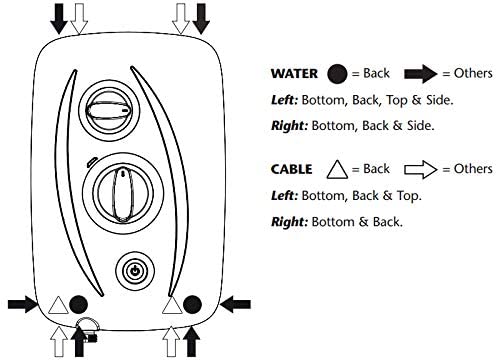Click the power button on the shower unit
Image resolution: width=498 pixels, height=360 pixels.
(x=135, y=271)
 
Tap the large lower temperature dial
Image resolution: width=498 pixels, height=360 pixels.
(x=123, y=194)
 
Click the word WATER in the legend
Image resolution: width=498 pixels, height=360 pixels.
(x=294, y=74)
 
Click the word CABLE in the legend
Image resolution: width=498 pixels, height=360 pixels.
(x=292, y=169)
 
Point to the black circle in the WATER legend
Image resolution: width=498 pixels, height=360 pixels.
(x=337, y=74)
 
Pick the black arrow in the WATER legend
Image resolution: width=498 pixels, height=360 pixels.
(x=421, y=74)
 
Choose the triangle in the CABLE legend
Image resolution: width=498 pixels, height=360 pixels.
(x=337, y=171)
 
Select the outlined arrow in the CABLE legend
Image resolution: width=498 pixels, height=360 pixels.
(x=421, y=169)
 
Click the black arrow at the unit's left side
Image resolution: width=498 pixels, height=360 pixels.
(x=23, y=304)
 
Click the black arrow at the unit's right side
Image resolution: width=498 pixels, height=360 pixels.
(x=235, y=304)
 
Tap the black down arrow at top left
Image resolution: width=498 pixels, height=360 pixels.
(x=59, y=18)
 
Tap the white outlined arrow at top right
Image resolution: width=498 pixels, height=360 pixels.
(x=181, y=19)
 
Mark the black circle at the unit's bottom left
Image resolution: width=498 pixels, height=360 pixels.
(x=78, y=305)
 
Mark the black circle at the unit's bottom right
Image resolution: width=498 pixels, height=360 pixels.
(x=192, y=305)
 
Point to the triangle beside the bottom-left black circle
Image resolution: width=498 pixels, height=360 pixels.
(x=58, y=306)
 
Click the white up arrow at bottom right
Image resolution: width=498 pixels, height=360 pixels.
(x=171, y=342)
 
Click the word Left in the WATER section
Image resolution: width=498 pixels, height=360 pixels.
(x=284, y=100)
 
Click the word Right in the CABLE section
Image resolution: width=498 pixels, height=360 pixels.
(x=289, y=222)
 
